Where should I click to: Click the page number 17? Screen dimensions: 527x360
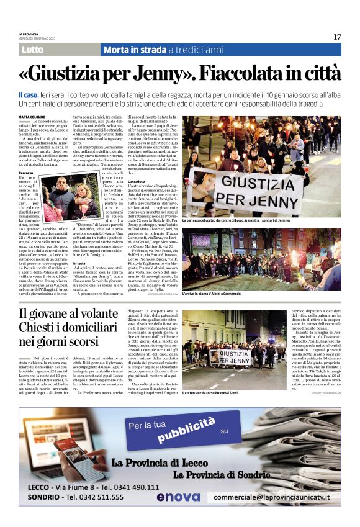(x=337, y=37)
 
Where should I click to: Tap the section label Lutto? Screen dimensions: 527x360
(x=32, y=50)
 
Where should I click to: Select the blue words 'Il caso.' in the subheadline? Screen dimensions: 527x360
(x=29, y=93)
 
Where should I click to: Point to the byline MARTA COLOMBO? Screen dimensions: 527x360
(x=32, y=117)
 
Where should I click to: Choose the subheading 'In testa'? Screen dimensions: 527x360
(x=79, y=263)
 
